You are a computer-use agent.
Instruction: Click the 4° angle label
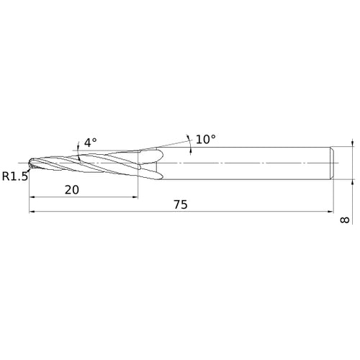(x=90, y=143)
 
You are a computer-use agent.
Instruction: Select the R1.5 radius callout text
(x=14, y=176)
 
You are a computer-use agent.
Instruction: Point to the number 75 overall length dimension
(x=181, y=204)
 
